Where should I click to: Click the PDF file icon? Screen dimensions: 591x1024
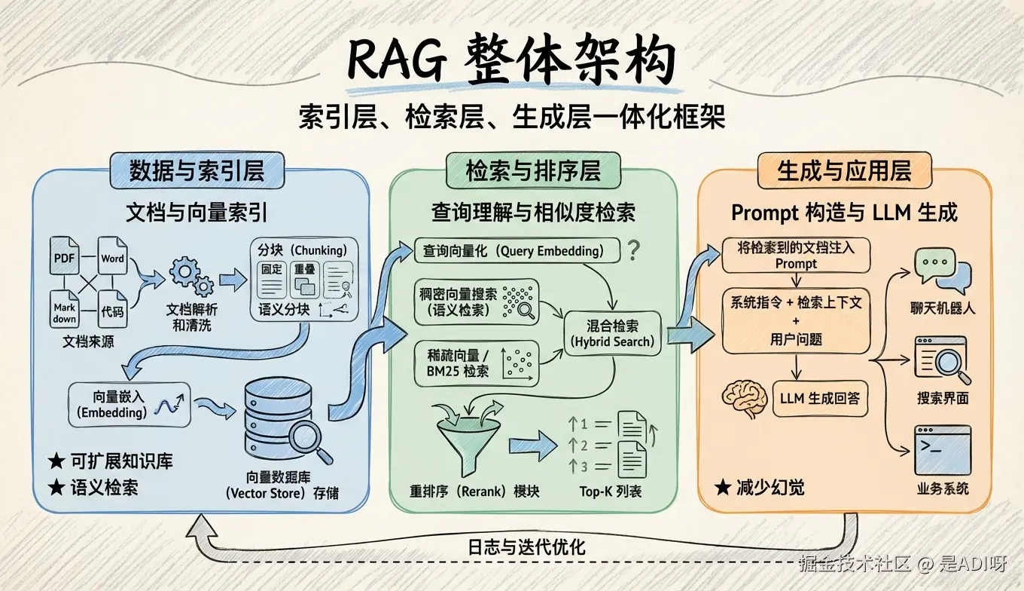click(x=65, y=256)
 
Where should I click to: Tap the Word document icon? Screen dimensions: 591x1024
click(x=112, y=259)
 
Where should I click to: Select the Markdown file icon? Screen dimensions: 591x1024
click(x=65, y=308)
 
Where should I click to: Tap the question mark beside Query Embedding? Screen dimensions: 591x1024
click(x=633, y=250)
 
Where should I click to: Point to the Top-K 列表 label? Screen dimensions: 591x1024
click(x=610, y=491)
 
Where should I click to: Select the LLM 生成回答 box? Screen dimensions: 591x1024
click(x=820, y=399)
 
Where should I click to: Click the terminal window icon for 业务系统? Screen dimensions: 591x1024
click(x=942, y=450)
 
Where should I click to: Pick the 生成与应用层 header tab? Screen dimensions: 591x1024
click(x=843, y=171)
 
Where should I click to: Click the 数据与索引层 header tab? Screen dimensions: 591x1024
click(x=197, y=171)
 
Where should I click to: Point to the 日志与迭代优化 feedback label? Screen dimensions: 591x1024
click(x=526, y=547)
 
